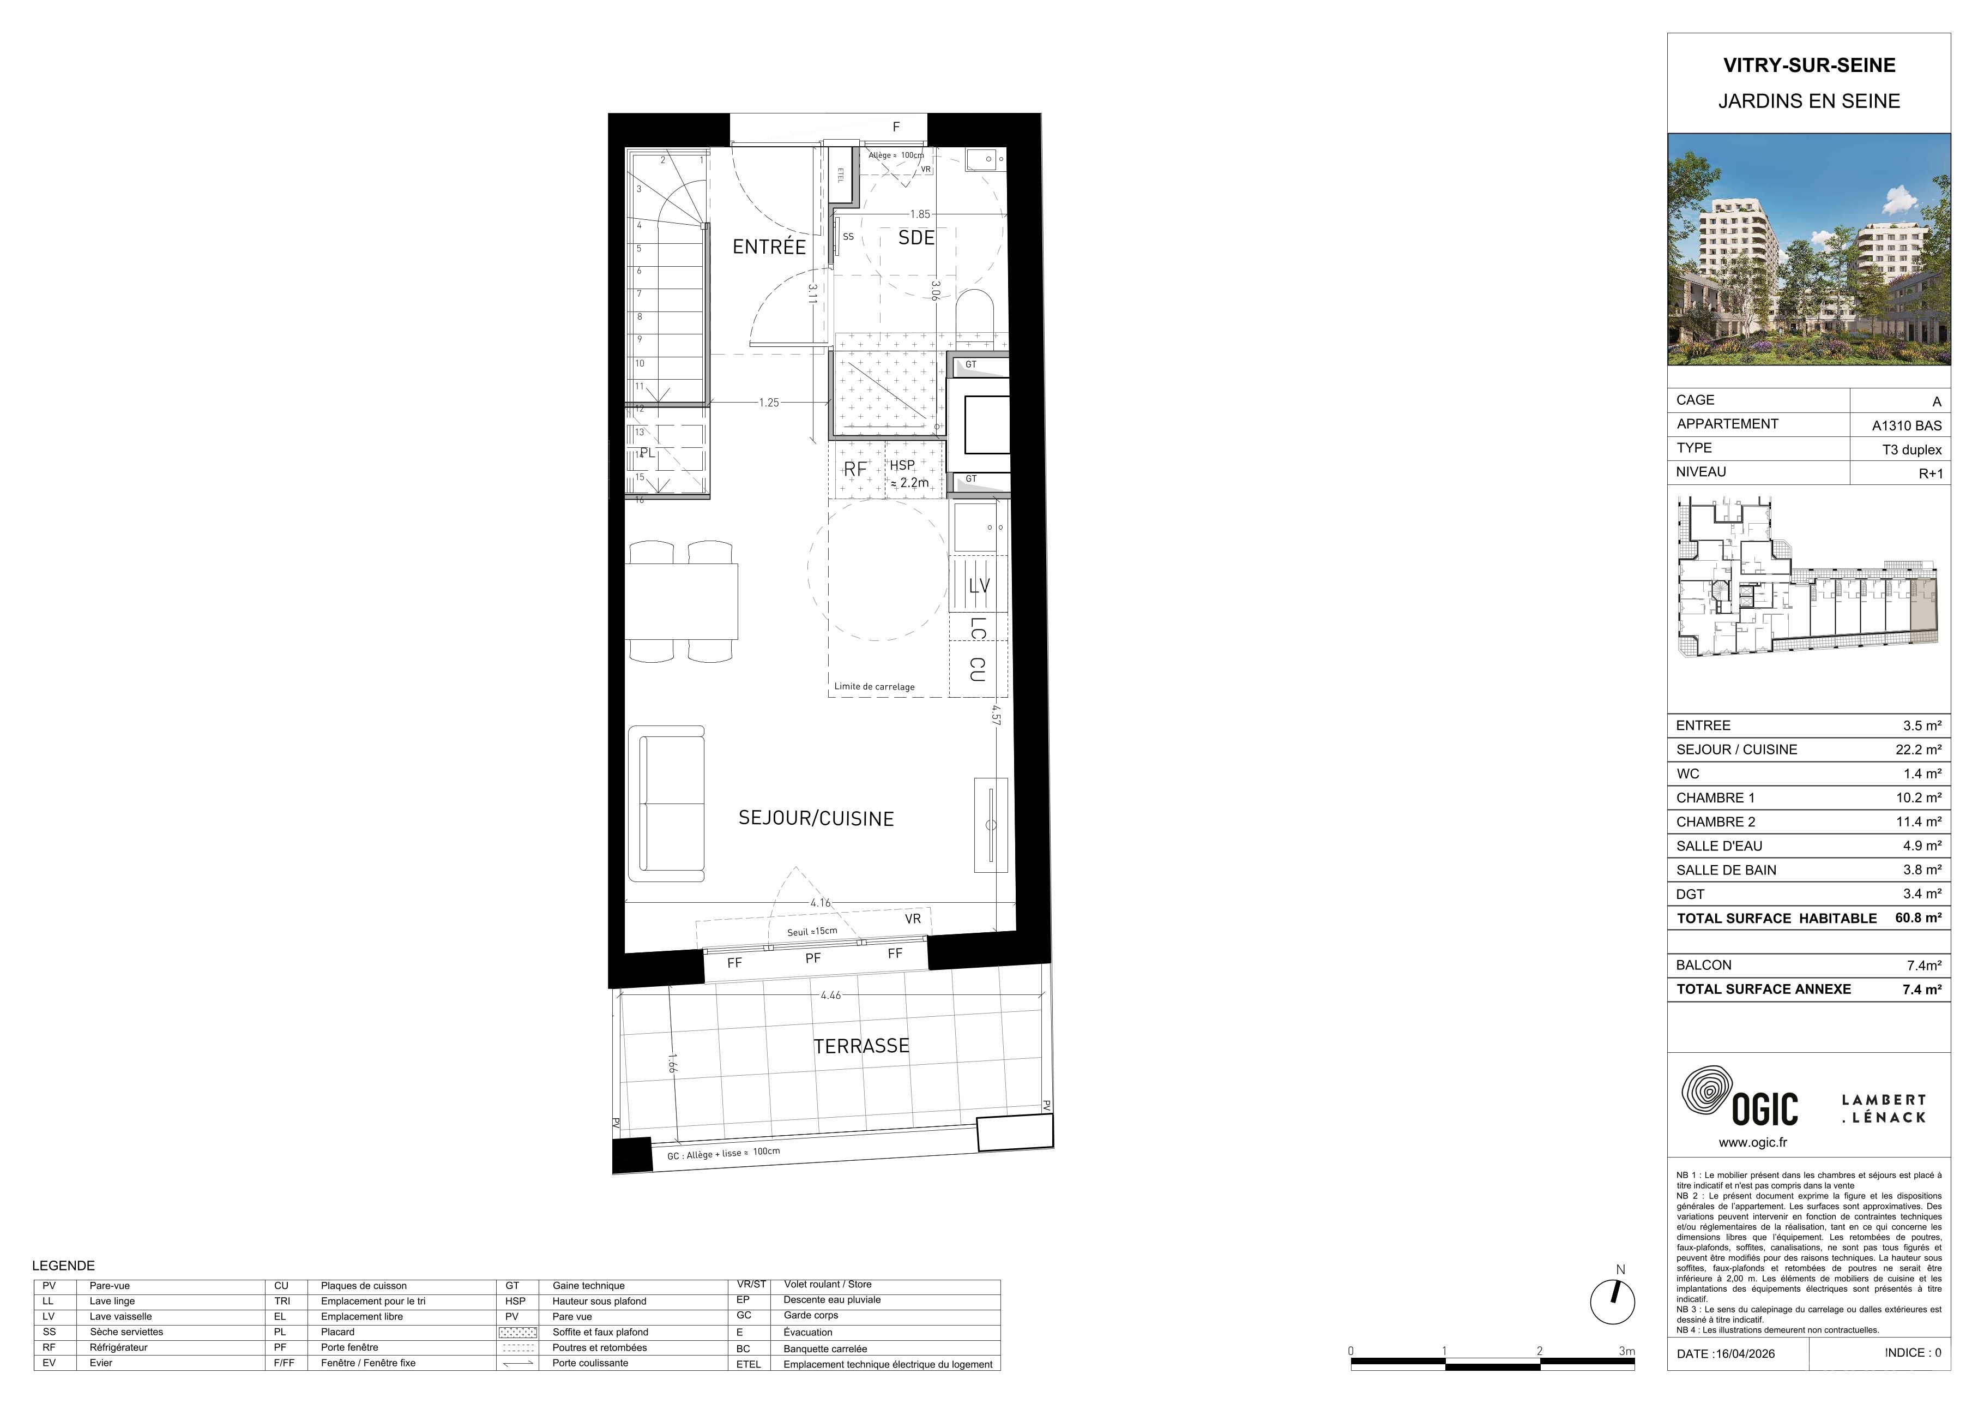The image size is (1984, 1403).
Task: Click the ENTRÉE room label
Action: (x=769, y=247)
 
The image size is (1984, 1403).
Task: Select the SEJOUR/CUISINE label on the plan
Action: (x=816, y=819)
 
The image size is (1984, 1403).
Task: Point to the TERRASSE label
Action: (x=861, y=1046)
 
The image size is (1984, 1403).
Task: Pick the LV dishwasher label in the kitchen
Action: (x=979, y=586)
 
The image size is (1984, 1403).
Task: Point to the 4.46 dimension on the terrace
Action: (x=830, y=995)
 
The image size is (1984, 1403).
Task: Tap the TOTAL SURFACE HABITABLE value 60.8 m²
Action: (x=1919, y=918)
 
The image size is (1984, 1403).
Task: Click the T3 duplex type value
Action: (x=1912, y=449)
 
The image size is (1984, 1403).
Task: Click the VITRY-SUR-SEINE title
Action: (x=1810, y=65)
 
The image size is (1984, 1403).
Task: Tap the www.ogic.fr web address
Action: (x=1752, y=1142)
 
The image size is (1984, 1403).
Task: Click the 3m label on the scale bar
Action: (x=1626, y=1351)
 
